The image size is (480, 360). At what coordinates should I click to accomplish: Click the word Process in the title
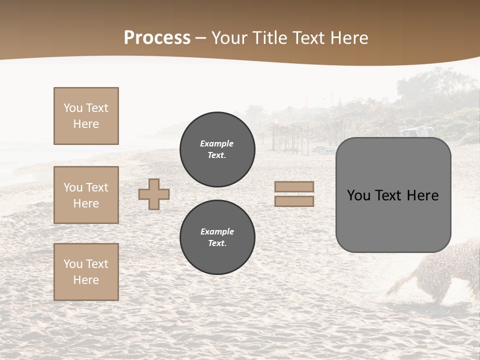[157, 38]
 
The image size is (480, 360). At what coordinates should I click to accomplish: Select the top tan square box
[86, 116]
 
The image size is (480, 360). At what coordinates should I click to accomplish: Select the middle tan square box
[86, 195]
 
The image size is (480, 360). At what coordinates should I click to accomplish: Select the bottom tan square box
[86, 272]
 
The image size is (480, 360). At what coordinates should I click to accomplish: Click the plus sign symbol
[154, 194]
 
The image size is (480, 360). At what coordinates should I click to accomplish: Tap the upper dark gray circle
[217, 149]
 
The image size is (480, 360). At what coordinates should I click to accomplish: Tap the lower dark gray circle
[217, 237]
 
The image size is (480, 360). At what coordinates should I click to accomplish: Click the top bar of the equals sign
[294, 186]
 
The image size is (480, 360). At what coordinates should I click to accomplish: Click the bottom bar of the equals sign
[294, 201]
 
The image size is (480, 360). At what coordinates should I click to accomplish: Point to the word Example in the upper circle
[216, 143]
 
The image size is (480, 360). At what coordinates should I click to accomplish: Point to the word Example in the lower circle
[217, 231]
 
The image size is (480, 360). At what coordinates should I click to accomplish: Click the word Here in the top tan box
[86, 124]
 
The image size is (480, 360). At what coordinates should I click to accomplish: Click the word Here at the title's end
[346, 38]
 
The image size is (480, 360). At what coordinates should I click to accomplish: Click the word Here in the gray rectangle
[423, 195]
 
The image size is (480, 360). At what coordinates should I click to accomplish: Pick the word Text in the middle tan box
[96, 187]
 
